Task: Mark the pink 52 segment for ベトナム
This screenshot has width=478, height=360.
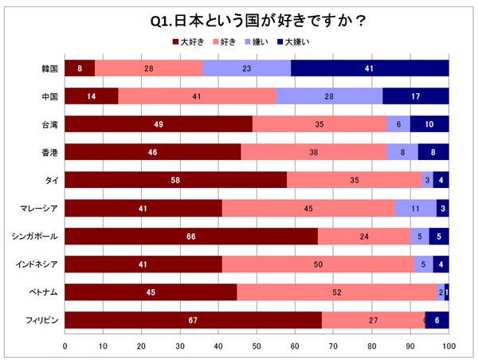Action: [x=337, y=292]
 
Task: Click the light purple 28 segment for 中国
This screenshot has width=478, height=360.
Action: [x=329, y=96]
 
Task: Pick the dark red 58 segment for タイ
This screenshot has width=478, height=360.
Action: [x=175, y=181]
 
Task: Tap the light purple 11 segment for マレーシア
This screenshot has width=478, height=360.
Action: [x=416, y=209]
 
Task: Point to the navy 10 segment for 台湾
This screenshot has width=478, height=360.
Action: [x=429, y=124]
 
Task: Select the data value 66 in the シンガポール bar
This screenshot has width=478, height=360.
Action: [x=190, y=237]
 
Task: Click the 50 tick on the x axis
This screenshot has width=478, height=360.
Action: [x=257, y=346]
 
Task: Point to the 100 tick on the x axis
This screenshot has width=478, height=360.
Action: [x=449, y=346]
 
